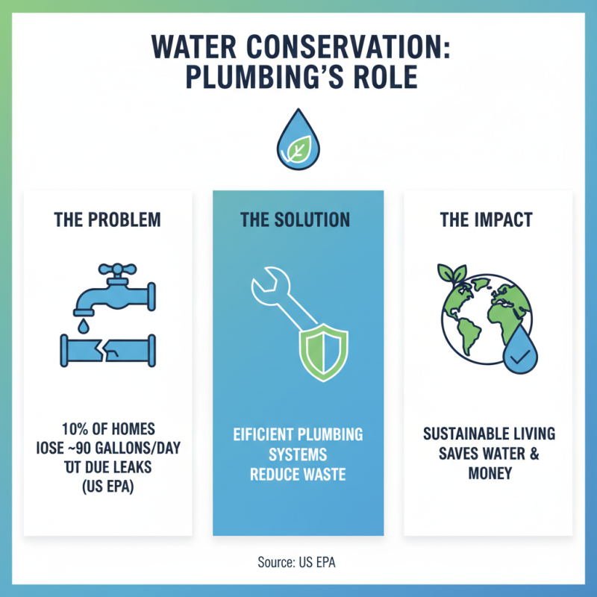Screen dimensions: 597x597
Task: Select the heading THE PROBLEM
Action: pyautogui.click(x=107, y=220)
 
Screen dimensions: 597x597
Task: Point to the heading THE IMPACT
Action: pyautogui.click(x=487, y=220)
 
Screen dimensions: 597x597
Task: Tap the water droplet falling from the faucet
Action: pyautogui.click(x=82, y=326)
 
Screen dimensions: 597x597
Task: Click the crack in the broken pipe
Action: pyautogui.click(x=108, y=349)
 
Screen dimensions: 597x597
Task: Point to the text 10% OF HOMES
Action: pyautogui.click(x=108, y=429)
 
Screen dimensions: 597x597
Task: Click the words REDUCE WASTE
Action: pyautogui.click(x=297, y=474)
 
